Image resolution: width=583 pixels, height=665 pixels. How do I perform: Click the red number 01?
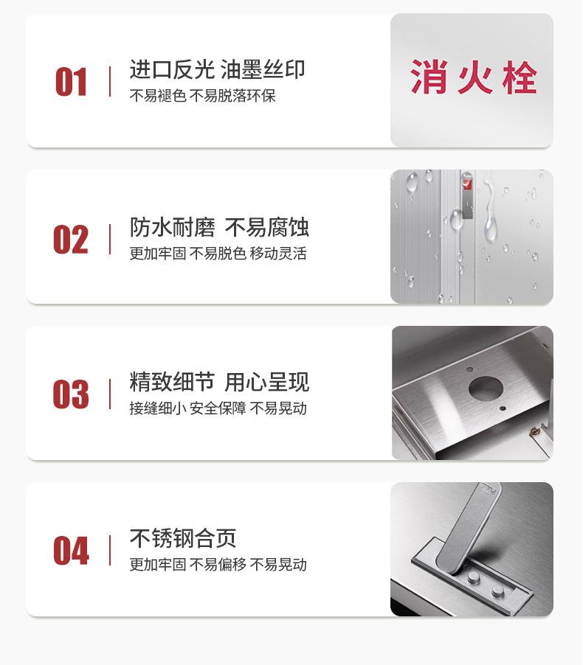pyautogui.click(x=71, y=82)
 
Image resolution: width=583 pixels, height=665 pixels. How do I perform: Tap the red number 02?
pyautogui.click(x=71, y=240)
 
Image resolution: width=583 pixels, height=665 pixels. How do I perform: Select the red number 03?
pyautogui.click(x=71, y=395)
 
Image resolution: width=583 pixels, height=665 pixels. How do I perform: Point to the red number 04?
pyautogui.click(x=71, y=551)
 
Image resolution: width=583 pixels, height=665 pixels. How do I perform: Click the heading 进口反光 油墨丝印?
pyautogui.click(x=217, y=70)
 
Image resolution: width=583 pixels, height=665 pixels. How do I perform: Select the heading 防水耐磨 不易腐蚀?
pyautogui.click(x=219, y=227)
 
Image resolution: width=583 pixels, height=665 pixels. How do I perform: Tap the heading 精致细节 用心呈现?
pyautogui.click(x=219, y=382)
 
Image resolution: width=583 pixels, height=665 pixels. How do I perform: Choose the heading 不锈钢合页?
pyautogui.click(x=183, y=538)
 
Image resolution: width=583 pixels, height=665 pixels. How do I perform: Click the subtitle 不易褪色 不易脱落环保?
pyautogui.click(x=203, y=97)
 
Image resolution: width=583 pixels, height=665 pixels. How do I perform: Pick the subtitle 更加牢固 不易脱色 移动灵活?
pyautogui.click(x=218, y=254)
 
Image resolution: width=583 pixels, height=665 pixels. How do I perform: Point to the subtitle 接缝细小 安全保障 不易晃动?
pyautogui.click(x=218, y=408)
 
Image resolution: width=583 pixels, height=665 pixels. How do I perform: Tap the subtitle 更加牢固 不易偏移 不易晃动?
pyautogui.click(x=218, y=565)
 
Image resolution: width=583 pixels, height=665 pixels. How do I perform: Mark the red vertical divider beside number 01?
pyautogui.click(x=110, y=81)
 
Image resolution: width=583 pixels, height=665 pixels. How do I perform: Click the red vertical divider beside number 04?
pyautogui.click(x=110, y=551)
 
